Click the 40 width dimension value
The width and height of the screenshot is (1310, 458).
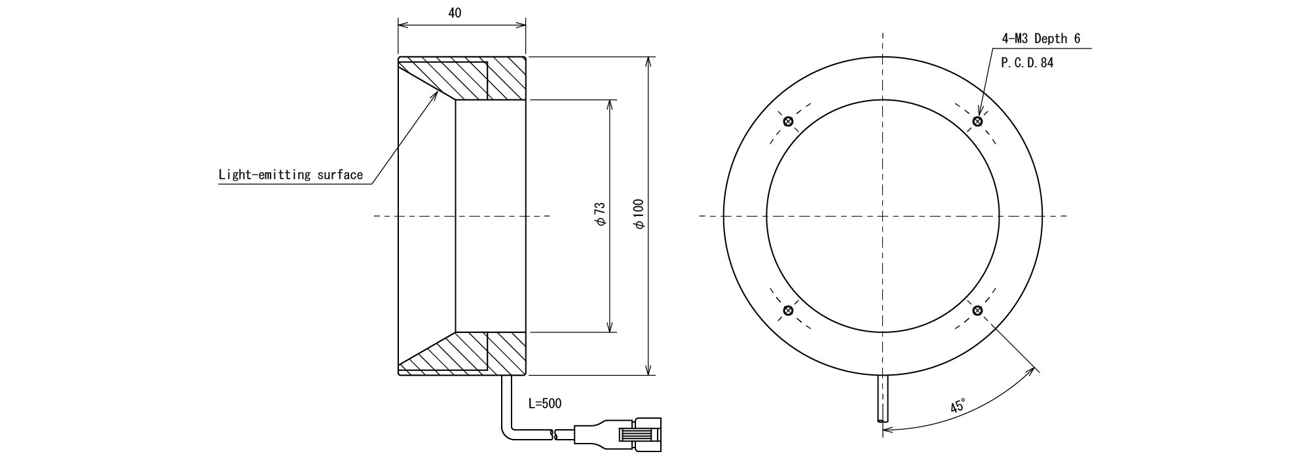coord(455,13)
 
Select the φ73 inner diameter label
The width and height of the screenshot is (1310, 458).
coord(600,215)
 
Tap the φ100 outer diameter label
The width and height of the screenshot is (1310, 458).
coord(639,215)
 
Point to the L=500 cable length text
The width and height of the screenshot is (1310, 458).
coord(545,404)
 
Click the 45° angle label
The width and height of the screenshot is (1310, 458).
coord(958,406)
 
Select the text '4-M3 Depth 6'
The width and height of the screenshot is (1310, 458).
coord(1041,39)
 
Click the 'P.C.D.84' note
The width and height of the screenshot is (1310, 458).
coord(1028,63)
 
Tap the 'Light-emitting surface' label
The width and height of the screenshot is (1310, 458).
coord(290,175)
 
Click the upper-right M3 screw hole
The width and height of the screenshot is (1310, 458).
coord(977,121)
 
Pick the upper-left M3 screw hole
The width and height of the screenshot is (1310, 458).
coord(788,121)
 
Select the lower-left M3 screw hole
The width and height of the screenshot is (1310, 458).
coord(788,310)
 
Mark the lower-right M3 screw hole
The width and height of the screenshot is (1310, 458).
coord(977,310)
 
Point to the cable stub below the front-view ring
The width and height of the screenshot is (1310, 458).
coord(883,400)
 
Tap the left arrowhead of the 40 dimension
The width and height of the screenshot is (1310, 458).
coord(403,26)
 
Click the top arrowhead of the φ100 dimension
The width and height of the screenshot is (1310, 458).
coord(648,62)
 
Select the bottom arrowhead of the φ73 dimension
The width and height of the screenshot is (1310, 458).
coord(610,327)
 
